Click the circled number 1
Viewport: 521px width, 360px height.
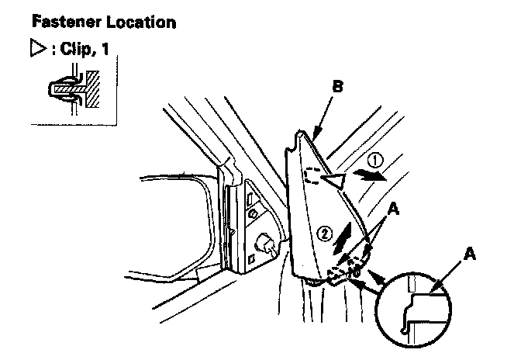[375, 162]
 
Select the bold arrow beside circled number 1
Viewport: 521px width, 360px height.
[371, 176]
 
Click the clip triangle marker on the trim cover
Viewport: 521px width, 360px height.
[334, 182]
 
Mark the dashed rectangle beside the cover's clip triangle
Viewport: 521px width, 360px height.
[313, 178]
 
